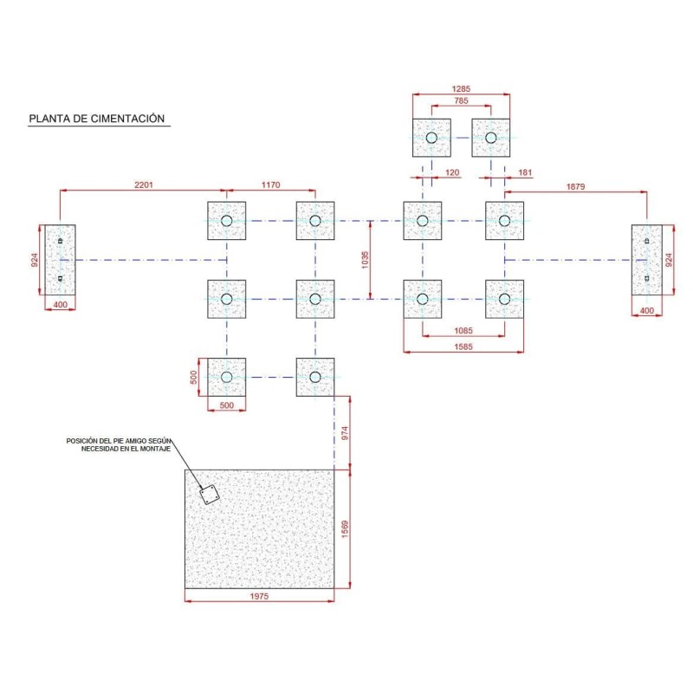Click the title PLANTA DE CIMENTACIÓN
97,119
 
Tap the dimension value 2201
144,185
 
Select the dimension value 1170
270,185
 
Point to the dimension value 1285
461,89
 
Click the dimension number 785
461,100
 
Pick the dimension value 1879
575,186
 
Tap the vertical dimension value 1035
365,260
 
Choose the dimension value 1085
463,331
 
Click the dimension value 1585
463,347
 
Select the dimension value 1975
259,596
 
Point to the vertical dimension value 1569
345,529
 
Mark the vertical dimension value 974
345,433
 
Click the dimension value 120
452,172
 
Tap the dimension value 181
525,172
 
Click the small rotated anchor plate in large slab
209,495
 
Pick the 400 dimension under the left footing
60,305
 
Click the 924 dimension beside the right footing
669,260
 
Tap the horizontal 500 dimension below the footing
226,405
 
